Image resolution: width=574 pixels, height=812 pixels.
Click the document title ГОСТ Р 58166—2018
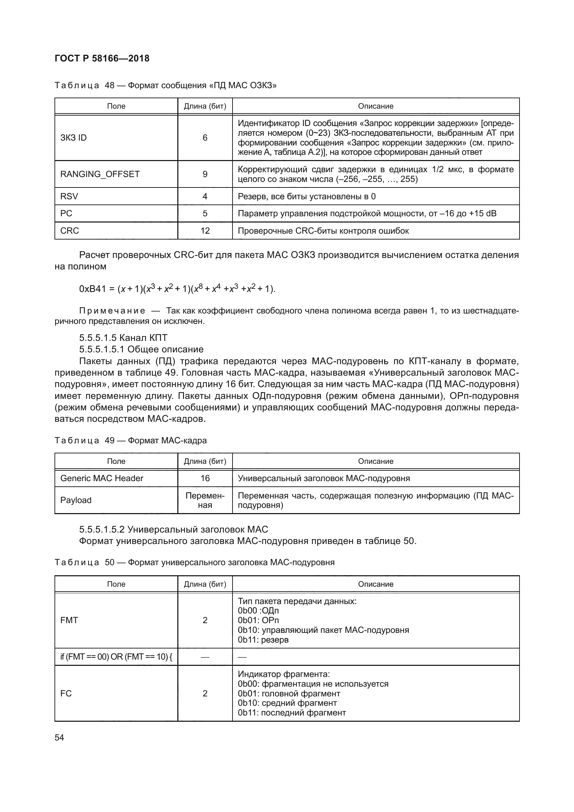point(102,58)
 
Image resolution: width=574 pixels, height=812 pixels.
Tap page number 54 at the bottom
point(59,737)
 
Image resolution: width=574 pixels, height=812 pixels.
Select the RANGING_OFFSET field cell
point(100,174)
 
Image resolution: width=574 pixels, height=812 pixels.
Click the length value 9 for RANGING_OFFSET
point(205,174)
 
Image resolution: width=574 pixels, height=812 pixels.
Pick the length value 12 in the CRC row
point(205,231)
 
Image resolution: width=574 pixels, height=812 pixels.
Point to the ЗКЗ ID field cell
point(74,137)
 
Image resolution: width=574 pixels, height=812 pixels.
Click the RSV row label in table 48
point(69,196)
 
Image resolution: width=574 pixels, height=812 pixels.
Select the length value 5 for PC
point(205,214)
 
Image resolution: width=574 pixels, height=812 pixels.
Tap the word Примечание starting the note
point(112,311)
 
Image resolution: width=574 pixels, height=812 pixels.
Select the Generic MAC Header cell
point(102,478)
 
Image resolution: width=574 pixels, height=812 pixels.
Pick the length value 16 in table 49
point(205,478)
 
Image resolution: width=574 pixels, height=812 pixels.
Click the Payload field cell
point(76,500)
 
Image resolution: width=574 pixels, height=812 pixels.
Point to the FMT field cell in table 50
point(69,620)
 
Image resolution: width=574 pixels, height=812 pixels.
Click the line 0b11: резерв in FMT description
point(263,639)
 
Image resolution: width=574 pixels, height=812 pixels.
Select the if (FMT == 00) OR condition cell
point(116,657)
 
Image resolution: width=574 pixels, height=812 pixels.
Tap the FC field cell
point(66,693)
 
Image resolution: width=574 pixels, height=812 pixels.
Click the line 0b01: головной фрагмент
point(289,694)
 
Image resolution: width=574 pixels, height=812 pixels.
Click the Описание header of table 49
point(375,461)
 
